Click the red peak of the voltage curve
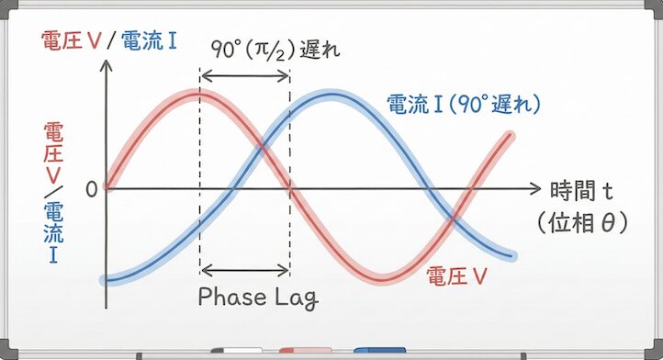(x=199, y=93)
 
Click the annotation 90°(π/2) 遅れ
(x=274, y=50)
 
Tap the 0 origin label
(x=91, y=189)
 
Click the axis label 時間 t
(x=580, y=190)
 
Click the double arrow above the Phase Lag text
(x=244, y=270)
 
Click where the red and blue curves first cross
(x=262, y=146)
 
